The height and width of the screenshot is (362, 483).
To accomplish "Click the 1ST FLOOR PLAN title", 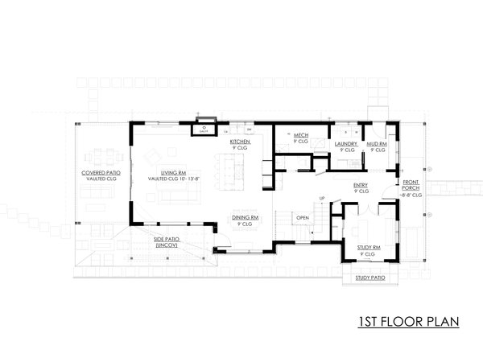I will coord(408,323).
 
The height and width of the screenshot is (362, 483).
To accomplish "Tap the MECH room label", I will coord(302,135).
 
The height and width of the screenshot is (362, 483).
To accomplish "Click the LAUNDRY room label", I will coord(347,144).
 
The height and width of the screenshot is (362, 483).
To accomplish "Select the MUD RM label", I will coord(377,144).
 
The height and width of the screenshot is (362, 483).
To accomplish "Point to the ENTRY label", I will coord(361,185).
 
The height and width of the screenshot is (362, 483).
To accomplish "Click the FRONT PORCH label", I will coord(411,185).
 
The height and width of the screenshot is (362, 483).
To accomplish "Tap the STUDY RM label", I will coord(367,249).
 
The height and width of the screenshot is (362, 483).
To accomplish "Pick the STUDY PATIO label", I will coord(367,278).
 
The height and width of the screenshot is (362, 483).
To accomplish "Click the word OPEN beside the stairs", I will coord(303,217).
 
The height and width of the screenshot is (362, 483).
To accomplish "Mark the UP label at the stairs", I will coord(322,198).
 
